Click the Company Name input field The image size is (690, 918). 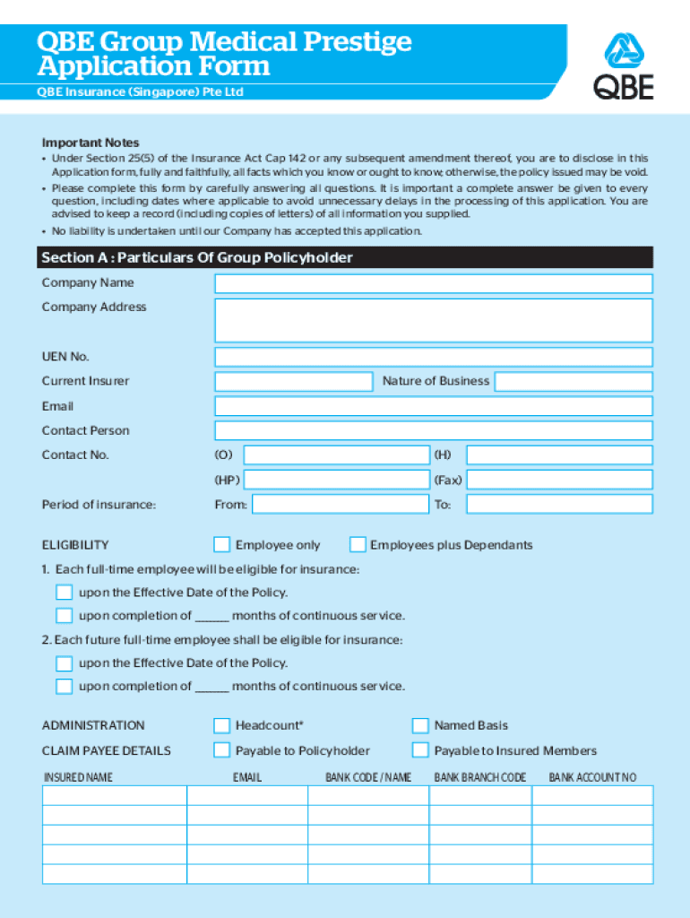(x=434, y=284)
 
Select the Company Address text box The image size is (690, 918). (x=434, y=320)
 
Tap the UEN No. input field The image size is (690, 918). (x=434, y=358)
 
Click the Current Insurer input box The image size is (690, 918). (x=294, y=382)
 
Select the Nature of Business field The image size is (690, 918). (x=574, y=382)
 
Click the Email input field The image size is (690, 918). (x=434, y=406)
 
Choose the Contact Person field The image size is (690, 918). (x=434, y=431)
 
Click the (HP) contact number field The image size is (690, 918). (x=336, y=480)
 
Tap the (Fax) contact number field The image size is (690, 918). (x=559, y=480)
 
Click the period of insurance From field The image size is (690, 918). (x=341, y=505)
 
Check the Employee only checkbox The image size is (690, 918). (x=221, y=545)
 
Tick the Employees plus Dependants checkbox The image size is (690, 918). (x=358, y=545)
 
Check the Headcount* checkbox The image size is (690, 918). (x=221, y=726)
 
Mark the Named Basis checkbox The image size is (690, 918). (x=420, y=726)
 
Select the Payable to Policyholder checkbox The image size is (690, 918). (x=221, y=750)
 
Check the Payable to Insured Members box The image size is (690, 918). (x=420, y=750)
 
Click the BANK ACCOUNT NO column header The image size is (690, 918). (x=592, y=777)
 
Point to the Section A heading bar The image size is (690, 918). (x=345, y=258)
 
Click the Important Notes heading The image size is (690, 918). (x=91, y=143)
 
